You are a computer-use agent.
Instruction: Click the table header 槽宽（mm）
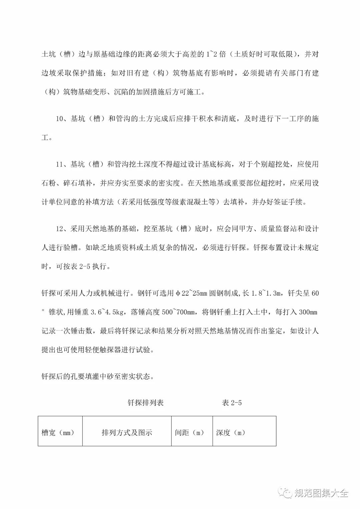click(x=58, y=433)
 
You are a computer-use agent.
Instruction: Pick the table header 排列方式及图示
click(x=127, y=433)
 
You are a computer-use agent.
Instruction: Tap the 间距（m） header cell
click(x=189, y=433)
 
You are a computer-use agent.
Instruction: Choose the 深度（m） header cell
click(x=231, y=433)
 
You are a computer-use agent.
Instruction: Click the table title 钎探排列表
click(x=145, y=403)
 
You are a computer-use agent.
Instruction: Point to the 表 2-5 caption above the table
click(x=232, y=403)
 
